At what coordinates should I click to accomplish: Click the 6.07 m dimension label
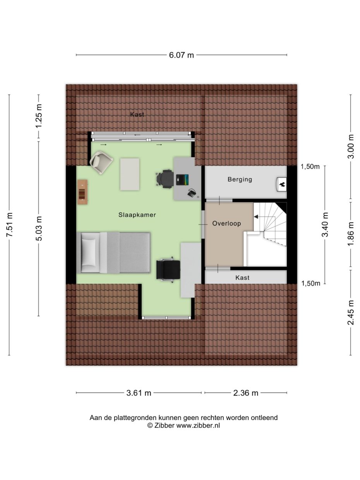click(181, 55)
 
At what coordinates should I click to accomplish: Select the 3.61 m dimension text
click(139, 393)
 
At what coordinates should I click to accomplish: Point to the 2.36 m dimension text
click(245, 393)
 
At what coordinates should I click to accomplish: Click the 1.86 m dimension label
click(351, 234)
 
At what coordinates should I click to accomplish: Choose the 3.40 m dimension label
click(325, 225)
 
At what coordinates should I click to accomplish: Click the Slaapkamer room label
click(137, 215)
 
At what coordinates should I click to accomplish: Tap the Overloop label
click(226, 223)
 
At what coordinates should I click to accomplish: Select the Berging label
click(240, 179)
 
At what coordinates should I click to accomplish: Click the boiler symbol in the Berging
click(281, 185)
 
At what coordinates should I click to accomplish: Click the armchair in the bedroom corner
click(101, 163)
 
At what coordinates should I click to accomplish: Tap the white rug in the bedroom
click(130, 174)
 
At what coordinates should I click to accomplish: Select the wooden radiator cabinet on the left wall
click(82, 192)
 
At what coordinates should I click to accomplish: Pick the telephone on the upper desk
click(191, 193)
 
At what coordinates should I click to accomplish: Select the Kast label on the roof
click(137, 114)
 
